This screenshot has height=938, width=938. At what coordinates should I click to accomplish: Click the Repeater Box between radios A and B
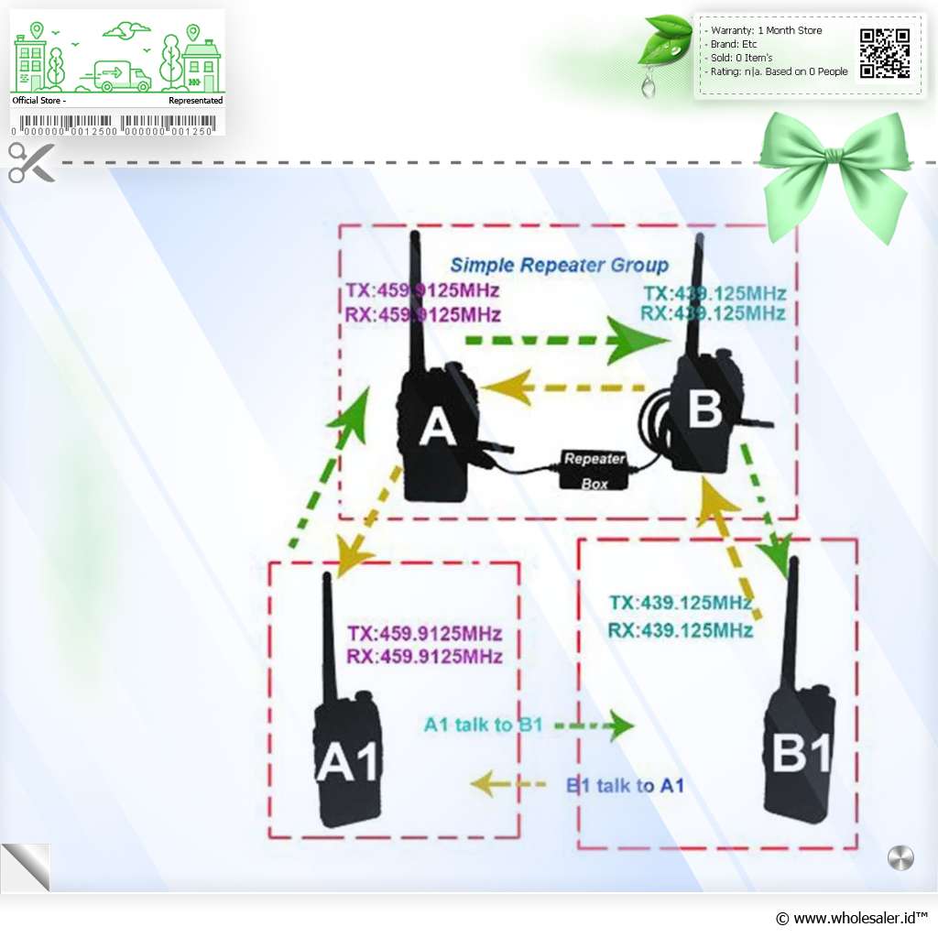coord(593,469)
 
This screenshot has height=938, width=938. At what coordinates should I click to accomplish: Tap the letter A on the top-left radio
coord(437,427)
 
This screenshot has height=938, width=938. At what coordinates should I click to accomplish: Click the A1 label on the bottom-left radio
coord(347,762)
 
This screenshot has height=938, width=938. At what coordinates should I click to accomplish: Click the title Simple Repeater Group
coord(559,266)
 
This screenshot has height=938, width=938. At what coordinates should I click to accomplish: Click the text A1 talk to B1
coord(484,725)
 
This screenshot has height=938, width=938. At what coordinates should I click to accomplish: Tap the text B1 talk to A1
coord(625,785)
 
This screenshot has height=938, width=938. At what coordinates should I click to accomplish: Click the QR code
coord(885,54)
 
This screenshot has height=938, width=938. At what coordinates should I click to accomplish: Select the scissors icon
coord(31,163)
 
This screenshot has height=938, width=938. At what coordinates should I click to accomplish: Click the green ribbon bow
coord(833,165)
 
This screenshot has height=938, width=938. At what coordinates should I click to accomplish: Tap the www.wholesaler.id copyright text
coord(851,917)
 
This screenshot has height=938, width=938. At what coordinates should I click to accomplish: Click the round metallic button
coord(900,858)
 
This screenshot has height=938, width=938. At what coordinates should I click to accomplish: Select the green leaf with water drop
coord(666,46)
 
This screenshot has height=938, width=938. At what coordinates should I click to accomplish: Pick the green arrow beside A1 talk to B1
coord(595,725)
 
